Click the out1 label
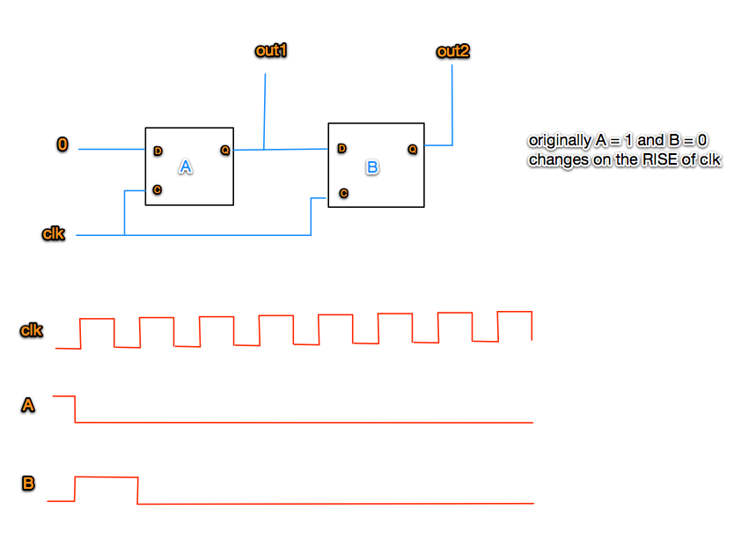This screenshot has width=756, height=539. [x=271, y=51]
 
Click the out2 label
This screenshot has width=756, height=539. [x=452, y=52]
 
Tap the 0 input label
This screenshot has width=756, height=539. [x=62, y=144]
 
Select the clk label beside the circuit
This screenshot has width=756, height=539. [x=54, y=234]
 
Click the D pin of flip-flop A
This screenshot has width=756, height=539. [x=158, y=151]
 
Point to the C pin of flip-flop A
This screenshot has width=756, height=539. [x=157, y=189]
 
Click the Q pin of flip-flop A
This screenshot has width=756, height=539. [x=224, y=151]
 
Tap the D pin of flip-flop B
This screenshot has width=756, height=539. [x=341, y=148]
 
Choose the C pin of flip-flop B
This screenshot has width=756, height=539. [x=343, y=193]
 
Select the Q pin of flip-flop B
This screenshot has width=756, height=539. [x=412, y=149]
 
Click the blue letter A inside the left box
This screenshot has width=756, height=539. [x=185, y=166]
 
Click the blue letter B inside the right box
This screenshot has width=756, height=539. [x=371, y=166]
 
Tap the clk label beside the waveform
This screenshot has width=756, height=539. [x=32, y=331]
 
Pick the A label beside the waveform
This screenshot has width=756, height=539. [x=29, y=406]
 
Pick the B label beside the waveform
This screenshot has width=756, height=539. [x=29, y=483]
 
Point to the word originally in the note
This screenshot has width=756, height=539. [x=556, y=141]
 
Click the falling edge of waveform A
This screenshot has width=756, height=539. [x=76, y=410]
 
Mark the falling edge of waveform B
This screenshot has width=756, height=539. [x=137, y=491]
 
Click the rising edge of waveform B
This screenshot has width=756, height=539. [x=75, y=489]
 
